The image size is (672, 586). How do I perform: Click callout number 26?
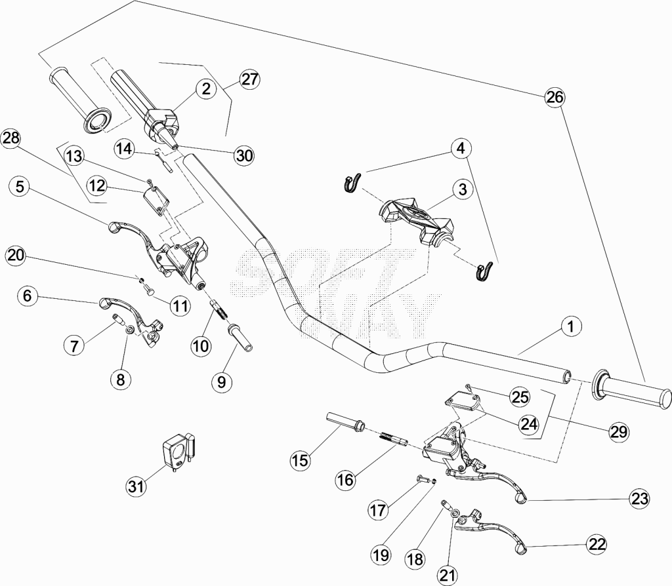click(554, 97)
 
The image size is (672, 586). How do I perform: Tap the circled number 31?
click(136, 486)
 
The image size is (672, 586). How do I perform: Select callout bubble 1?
click(570, 326)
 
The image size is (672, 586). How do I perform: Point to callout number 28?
click(10, 138)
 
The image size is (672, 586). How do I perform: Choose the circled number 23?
click(639, 498)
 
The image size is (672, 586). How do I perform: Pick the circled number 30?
click(244, 155)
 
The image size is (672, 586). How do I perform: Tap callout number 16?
click(345, 479)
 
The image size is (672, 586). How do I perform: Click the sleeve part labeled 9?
click(240, 338)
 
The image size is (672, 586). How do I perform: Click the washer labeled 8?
click(129, 330)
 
